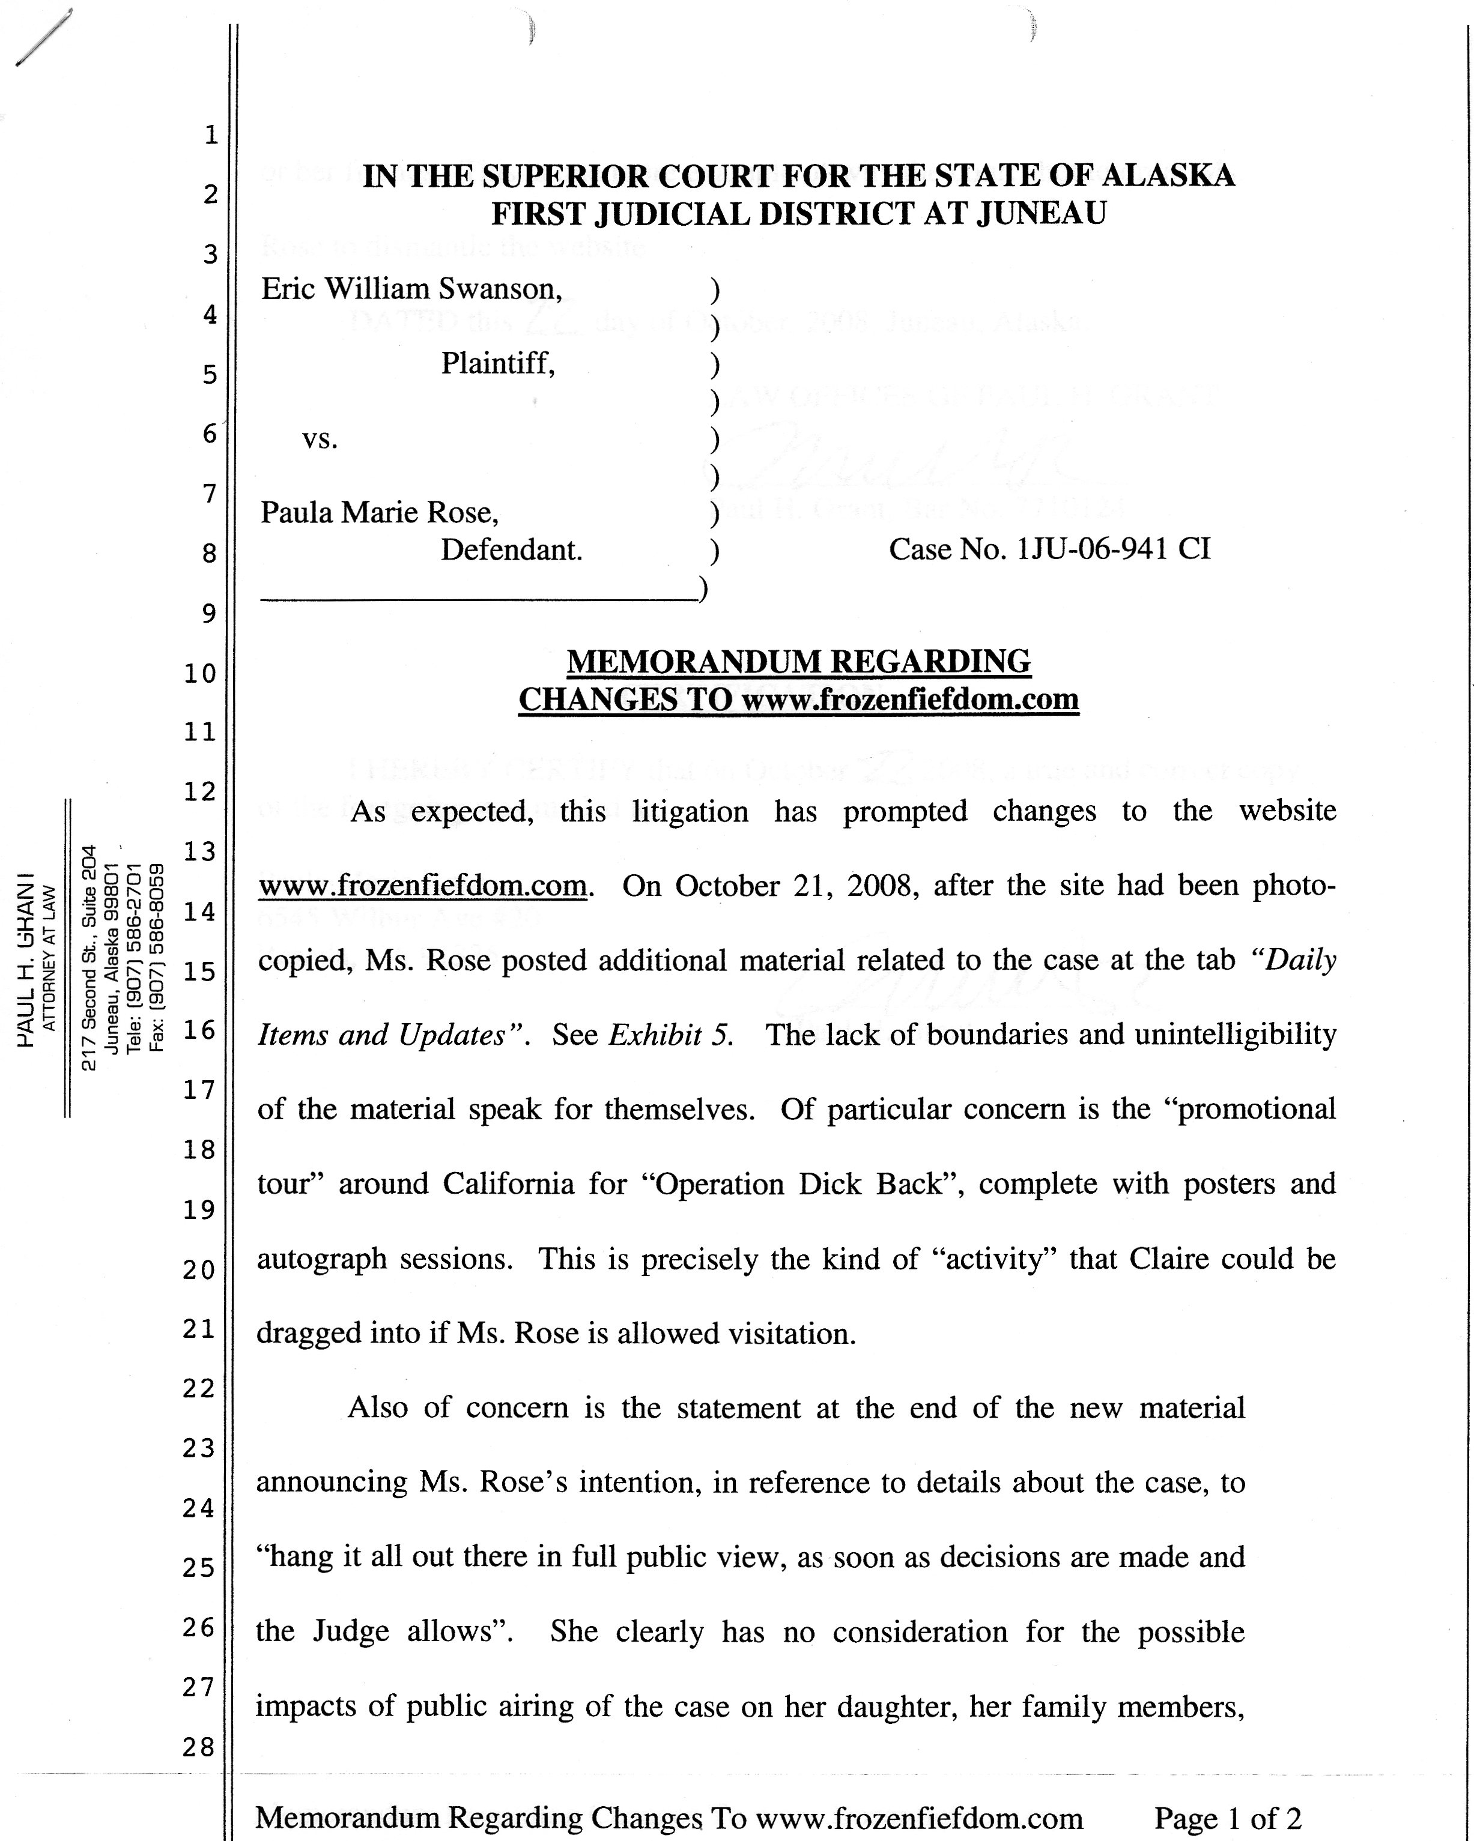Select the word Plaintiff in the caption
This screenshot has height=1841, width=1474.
point(497,364)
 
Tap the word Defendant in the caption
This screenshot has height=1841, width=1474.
point(511,550)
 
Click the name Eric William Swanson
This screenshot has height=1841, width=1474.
point(411,289)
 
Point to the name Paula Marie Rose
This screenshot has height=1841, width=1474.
point(379,512)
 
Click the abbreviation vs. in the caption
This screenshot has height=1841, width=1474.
point(320,439)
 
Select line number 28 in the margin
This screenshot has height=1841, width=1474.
point(198,1747)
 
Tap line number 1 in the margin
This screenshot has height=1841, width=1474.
point(210,135)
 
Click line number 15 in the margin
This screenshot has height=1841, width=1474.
point(198,972)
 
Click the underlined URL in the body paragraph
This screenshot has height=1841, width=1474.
point(423,886)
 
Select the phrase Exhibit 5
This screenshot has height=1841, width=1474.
point(670,1035)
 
